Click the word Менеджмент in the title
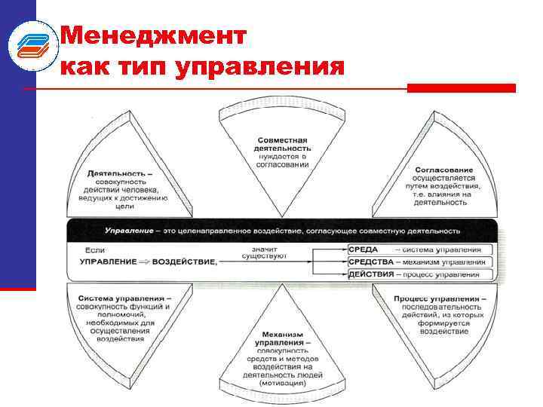coord(153,35)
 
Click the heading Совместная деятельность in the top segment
coord(283,145)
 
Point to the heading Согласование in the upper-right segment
coord(444,170)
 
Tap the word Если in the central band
coord(94,249)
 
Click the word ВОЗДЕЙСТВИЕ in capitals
coord(184,262)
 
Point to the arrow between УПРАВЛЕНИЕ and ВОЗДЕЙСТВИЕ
coord(143,262)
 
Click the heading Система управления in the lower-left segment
coord(125,298)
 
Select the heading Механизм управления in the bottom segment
coord(283,339)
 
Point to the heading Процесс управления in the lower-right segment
coord(440,298)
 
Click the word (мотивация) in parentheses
coord(283,383)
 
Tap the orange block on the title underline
coord(461,88)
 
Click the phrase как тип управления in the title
coord(201,68)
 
